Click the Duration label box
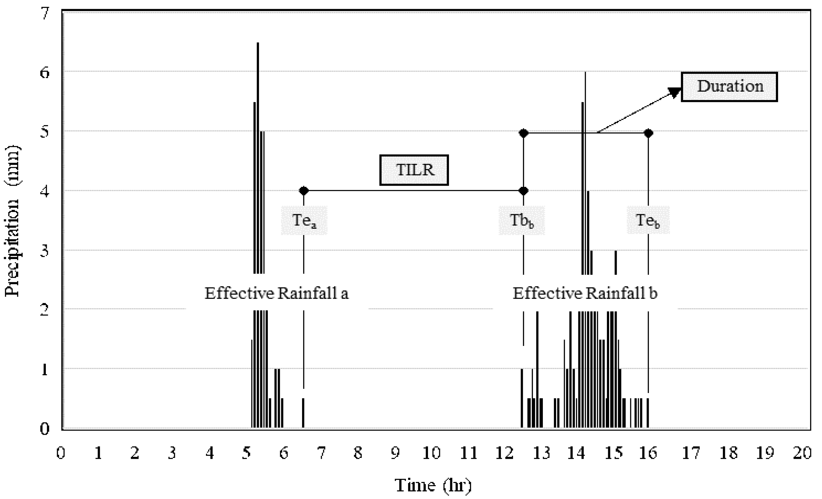click(729, 87)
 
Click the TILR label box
click(414, 170)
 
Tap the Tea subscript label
click(304, 220)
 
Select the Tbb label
click(522, 220)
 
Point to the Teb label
click(648, 220)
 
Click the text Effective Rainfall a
click(277, 293)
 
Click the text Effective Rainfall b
click(585, 293)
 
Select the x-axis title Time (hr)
click(433, 485)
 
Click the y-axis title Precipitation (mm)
click(13, 221)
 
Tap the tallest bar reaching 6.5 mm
click(258, 133)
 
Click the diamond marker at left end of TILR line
click(304, 191)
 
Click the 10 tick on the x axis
click(432, 453)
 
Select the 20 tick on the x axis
click(802, 453)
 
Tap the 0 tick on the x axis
click(61, 453)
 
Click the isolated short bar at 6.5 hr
click(303, 413)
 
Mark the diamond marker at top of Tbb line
click(523, 133)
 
